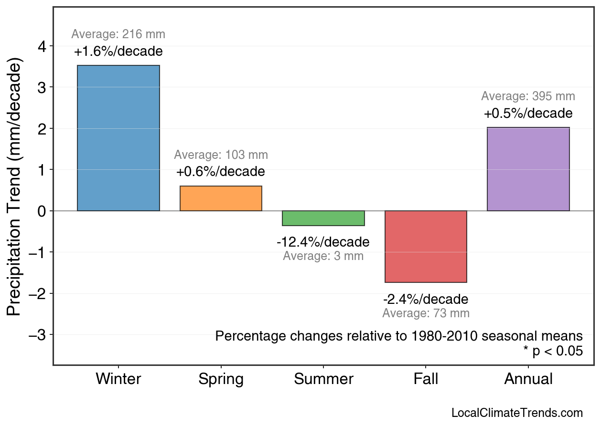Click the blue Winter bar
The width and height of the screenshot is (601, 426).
coord(118,138)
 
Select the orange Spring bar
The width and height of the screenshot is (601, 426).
coord(221,198)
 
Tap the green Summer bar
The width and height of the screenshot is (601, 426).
coord(323,218)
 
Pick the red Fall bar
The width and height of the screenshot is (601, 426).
coord(426,246)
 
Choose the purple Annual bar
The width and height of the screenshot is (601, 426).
coord(528,169)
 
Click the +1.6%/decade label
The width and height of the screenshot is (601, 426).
coord(118,52)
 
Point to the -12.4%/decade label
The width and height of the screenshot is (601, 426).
coord(323,242)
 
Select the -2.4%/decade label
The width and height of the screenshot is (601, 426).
coord(426,300)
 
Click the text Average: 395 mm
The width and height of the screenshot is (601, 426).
coord(528,96)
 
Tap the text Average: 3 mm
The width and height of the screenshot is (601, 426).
coord(323,256)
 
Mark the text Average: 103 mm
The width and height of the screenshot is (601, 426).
coord(221,155)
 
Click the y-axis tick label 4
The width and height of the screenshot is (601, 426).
coord(43,46)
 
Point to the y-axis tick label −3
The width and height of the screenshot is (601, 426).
coord(38,335)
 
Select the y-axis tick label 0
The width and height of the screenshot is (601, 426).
coord(43,211)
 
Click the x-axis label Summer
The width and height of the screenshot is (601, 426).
coord(323,379)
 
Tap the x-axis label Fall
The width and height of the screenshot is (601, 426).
coord(426,379)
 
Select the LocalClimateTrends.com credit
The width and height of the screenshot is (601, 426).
coord(517,413)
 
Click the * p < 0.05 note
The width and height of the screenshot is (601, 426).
coord(553,352)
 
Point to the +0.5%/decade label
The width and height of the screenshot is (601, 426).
coord(528,114)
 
